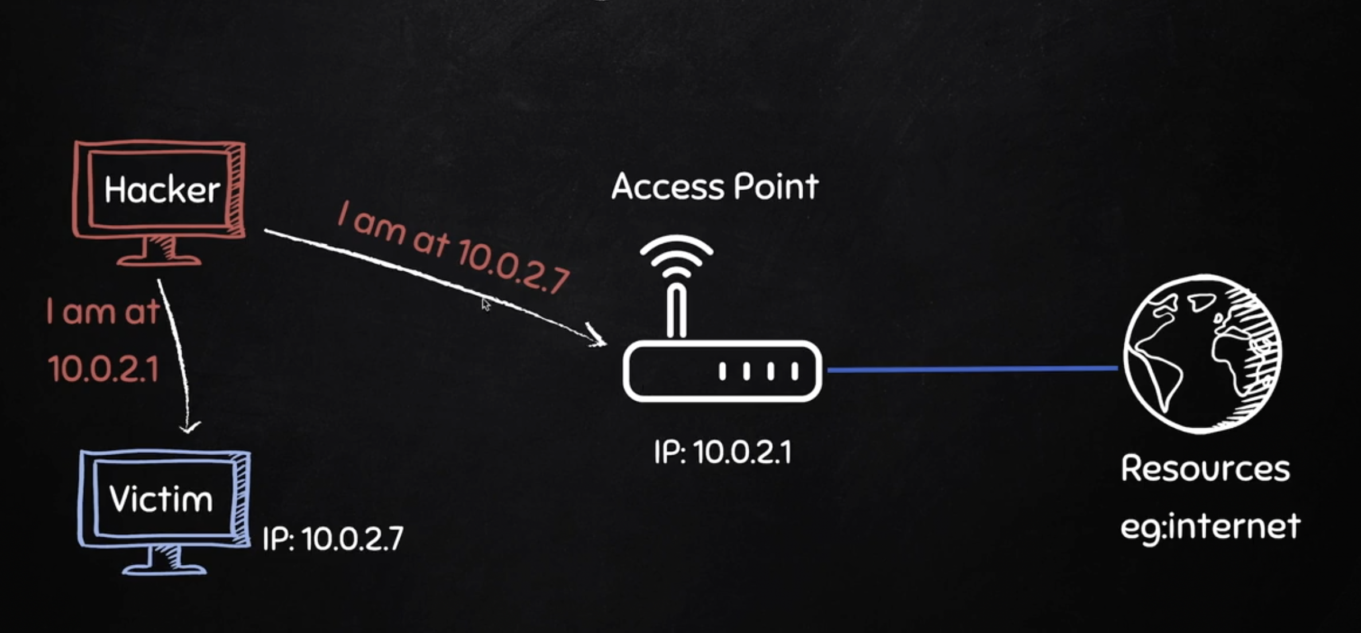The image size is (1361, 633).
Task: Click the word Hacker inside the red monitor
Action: coord(162,190)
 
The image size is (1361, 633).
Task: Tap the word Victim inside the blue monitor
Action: coord(161,499)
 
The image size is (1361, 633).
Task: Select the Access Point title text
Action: coord(715,187)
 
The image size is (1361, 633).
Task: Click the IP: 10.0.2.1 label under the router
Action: coord(722,452)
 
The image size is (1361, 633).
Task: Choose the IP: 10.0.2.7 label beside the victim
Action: coord(333,539)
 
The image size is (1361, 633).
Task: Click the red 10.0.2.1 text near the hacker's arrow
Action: coord(103,369)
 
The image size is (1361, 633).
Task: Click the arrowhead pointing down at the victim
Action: coord(189,427)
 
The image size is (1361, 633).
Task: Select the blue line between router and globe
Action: coord(972,369)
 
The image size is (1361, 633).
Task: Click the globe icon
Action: coord(1202,353)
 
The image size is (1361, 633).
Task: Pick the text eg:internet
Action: coord(1210,526)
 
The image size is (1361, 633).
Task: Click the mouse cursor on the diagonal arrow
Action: coord(486,304)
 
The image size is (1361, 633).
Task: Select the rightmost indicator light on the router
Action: coord(795,371)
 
